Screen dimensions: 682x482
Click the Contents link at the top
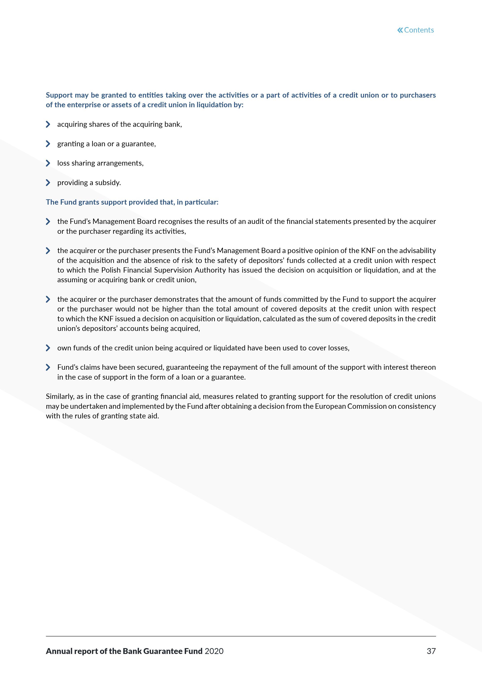[x=419, y=30]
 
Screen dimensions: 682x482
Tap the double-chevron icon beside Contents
[x=400, y=30]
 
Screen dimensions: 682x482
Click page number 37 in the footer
[x=431, y=651]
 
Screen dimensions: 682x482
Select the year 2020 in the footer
[x=214, y=651]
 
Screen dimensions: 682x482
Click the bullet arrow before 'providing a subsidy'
[x=48, y=183]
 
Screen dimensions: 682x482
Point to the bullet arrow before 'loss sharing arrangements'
[x=48, y=163]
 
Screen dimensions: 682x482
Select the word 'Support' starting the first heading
[x=59, y=95]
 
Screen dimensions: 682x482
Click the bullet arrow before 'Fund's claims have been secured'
[x=48, y=367]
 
